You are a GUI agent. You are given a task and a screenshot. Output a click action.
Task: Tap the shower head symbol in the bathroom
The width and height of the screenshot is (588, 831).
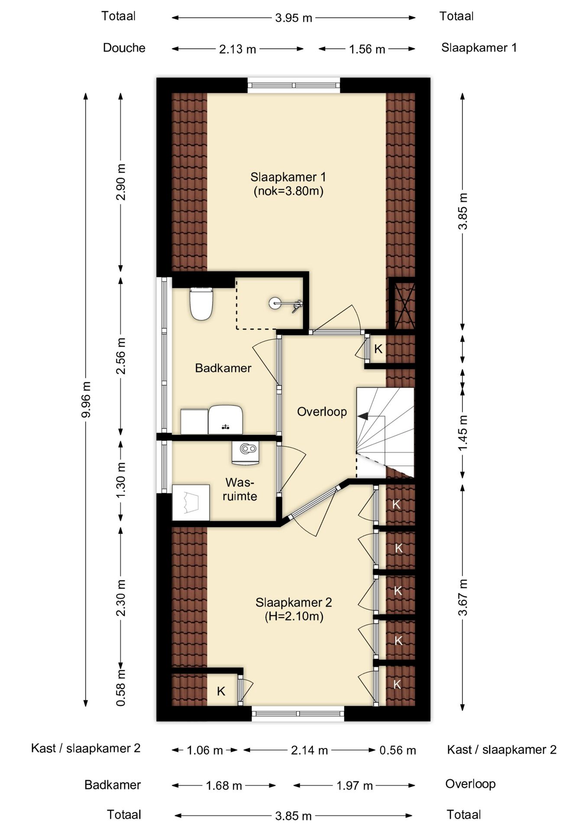[285, 304]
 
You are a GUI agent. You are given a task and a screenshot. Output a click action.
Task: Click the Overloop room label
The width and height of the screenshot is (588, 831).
[322, 412]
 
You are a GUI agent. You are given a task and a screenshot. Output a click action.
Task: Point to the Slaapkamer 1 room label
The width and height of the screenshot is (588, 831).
[288, 184]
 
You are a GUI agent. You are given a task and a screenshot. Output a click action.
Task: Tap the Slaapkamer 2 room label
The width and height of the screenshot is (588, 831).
[294, 609]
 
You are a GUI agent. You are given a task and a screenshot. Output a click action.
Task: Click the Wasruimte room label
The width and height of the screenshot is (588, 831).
[240, 489]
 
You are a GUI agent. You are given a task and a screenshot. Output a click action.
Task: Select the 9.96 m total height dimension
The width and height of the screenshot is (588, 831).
[86, 399]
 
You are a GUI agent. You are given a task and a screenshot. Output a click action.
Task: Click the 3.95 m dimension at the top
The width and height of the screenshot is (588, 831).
[294, 18]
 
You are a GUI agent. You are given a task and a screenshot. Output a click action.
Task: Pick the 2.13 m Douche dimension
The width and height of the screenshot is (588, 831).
[238, 49]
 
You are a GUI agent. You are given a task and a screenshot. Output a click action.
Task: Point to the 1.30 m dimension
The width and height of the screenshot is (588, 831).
[121, 480]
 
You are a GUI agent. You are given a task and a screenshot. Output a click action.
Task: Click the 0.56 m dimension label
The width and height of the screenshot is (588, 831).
[397, 750]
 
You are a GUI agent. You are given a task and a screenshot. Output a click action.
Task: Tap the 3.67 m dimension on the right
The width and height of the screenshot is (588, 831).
[463, 597]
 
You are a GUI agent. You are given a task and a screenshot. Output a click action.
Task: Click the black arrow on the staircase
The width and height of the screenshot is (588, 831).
[363, 416]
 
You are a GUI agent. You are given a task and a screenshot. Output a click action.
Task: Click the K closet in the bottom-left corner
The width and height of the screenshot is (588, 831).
[221, 691]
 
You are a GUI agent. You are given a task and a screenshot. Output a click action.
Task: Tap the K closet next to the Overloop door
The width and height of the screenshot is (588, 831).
[378, 349]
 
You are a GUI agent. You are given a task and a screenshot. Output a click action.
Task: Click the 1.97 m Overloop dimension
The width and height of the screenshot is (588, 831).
[355, 785]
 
